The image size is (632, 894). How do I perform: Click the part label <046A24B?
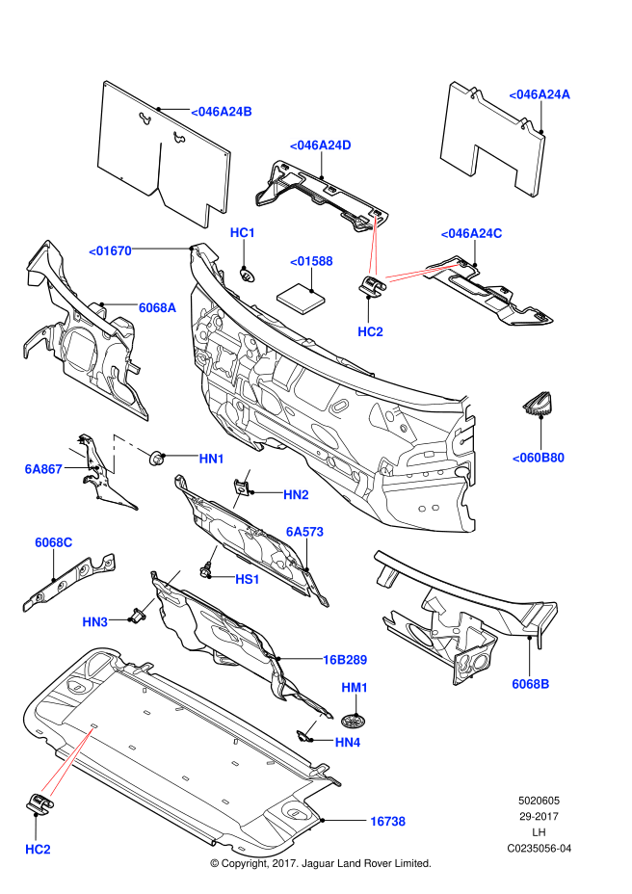point(221,112)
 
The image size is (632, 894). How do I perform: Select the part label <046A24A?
point(540,94)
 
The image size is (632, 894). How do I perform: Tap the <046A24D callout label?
point(320,145)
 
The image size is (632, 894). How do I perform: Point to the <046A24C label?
point(472,233)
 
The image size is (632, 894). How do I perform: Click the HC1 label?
point(242,233)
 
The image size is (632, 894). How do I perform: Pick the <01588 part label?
point(312,261)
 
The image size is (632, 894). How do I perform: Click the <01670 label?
point(110,250)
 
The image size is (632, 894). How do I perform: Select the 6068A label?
point(157,307)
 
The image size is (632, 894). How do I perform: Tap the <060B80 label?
point(538,457)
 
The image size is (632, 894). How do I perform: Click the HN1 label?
point(212,460)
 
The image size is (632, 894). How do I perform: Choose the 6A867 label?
point(43,469)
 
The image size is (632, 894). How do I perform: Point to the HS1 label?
point(248,579)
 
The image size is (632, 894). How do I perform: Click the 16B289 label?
point(345,660)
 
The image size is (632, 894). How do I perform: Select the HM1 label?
point(355,688)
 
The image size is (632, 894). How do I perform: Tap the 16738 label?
point(387,822)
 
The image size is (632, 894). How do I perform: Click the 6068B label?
point(530,684)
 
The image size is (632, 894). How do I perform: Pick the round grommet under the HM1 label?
point(356,720)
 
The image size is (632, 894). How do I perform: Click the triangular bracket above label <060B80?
point(540,404)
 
